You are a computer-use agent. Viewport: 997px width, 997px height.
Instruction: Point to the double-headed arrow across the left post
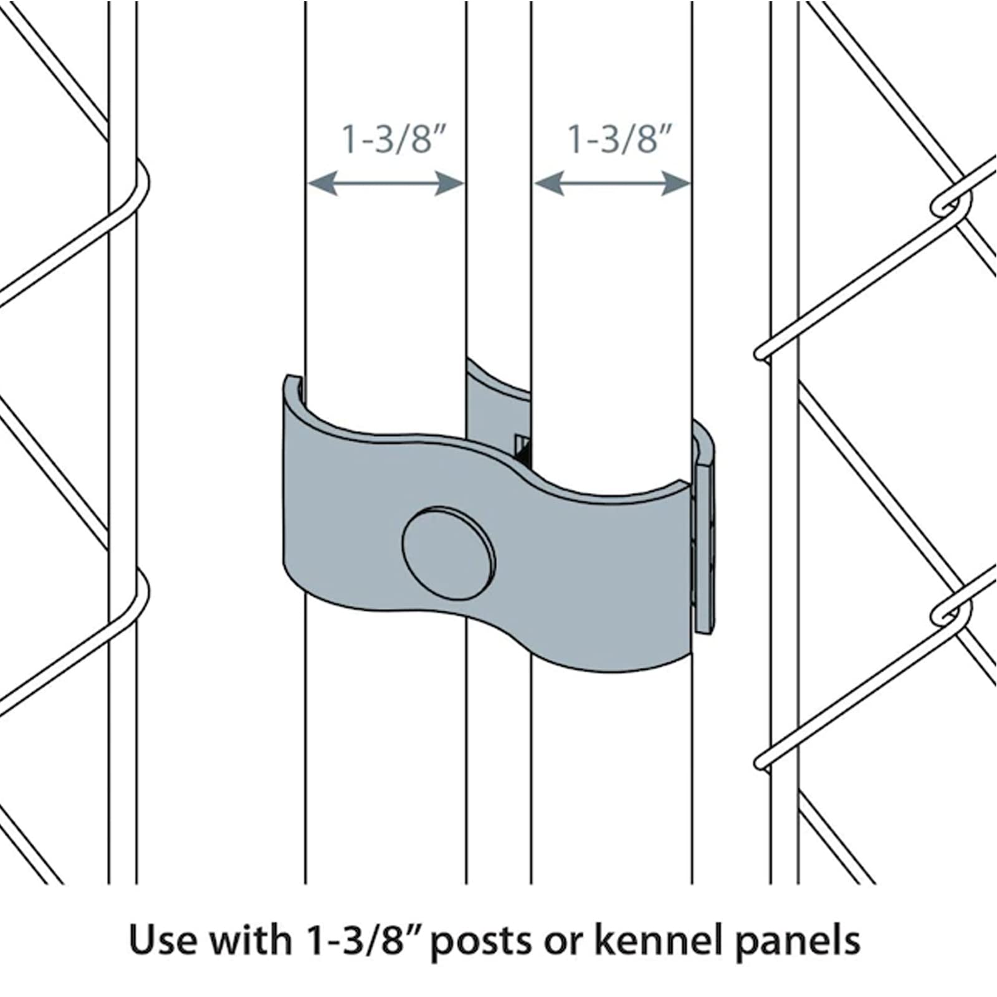(x=386, y=183)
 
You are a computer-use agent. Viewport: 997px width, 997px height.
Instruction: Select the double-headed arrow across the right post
(x=613, y=183)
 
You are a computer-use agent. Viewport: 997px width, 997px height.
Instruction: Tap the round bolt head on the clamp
(x=449, y=553)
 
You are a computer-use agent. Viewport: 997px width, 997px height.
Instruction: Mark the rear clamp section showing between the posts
(x=497, y=399)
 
